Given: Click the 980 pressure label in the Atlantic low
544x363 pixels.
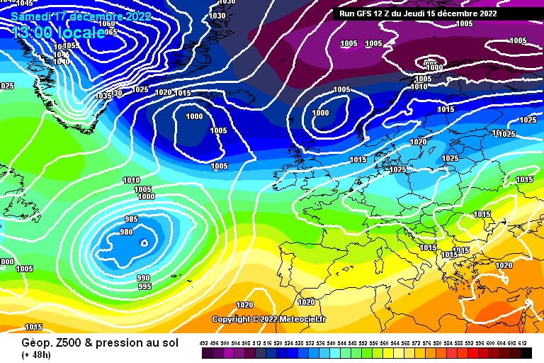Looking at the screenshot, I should [127, 233].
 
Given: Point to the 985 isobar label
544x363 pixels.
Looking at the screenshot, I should [131, 220].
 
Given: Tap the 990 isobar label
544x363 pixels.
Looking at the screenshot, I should [144, 278].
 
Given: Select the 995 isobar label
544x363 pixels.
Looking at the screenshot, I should [144, 286].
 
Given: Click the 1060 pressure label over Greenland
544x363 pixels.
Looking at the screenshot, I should [108, 24].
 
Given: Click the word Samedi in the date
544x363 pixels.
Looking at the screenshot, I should [32, 15].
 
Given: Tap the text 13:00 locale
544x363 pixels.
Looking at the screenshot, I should [58, 33].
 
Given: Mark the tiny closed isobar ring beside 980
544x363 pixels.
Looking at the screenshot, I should [144, 243].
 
